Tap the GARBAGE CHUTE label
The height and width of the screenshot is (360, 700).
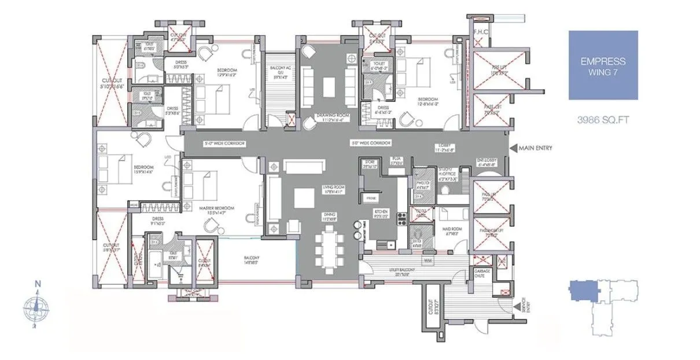tap(482, 273)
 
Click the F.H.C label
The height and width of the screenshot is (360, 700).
tap(480, 32)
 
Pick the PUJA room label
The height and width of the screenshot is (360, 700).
tap(397, 160)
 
